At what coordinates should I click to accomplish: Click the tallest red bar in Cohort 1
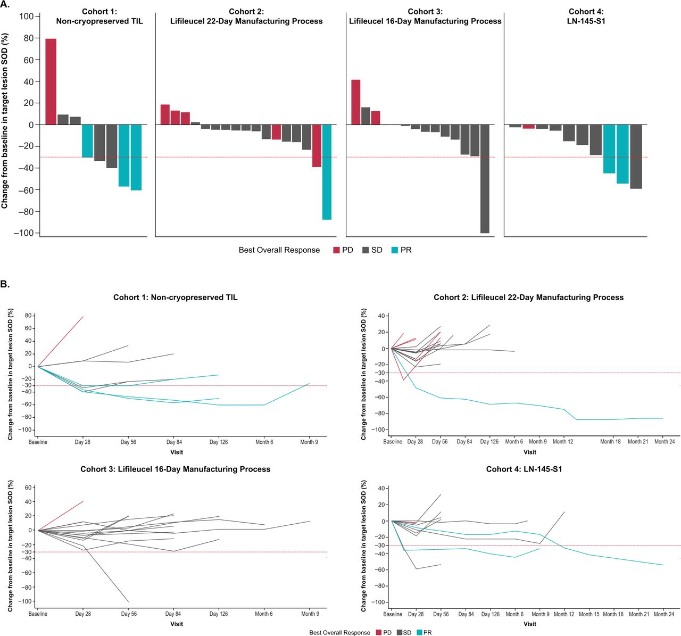(51, 81)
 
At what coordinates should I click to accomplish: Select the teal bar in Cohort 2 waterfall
(327, 172)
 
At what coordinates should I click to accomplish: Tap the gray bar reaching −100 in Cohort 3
(485, 179)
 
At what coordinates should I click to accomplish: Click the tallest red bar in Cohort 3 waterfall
(356, 102)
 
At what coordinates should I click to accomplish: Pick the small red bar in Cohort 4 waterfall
(528, 127)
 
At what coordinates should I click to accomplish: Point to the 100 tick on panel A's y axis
(27, 16)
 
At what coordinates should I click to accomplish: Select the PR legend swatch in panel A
(395, 250)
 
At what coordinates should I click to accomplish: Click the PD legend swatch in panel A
(336, 250)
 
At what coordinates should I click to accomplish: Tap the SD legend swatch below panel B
(399, 633)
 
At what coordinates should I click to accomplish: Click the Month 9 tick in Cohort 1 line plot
(309, 442)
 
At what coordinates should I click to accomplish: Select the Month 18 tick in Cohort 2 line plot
(610, 442)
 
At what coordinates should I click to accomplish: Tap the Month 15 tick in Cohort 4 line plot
(589, 614)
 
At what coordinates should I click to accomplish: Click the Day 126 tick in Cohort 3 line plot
(218, 614)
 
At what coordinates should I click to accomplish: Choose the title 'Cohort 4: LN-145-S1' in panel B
(524, 469)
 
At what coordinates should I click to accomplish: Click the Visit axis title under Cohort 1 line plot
(176, 452)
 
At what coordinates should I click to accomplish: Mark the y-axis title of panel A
(5, 121)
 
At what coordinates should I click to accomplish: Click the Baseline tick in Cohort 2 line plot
(393, 442)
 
